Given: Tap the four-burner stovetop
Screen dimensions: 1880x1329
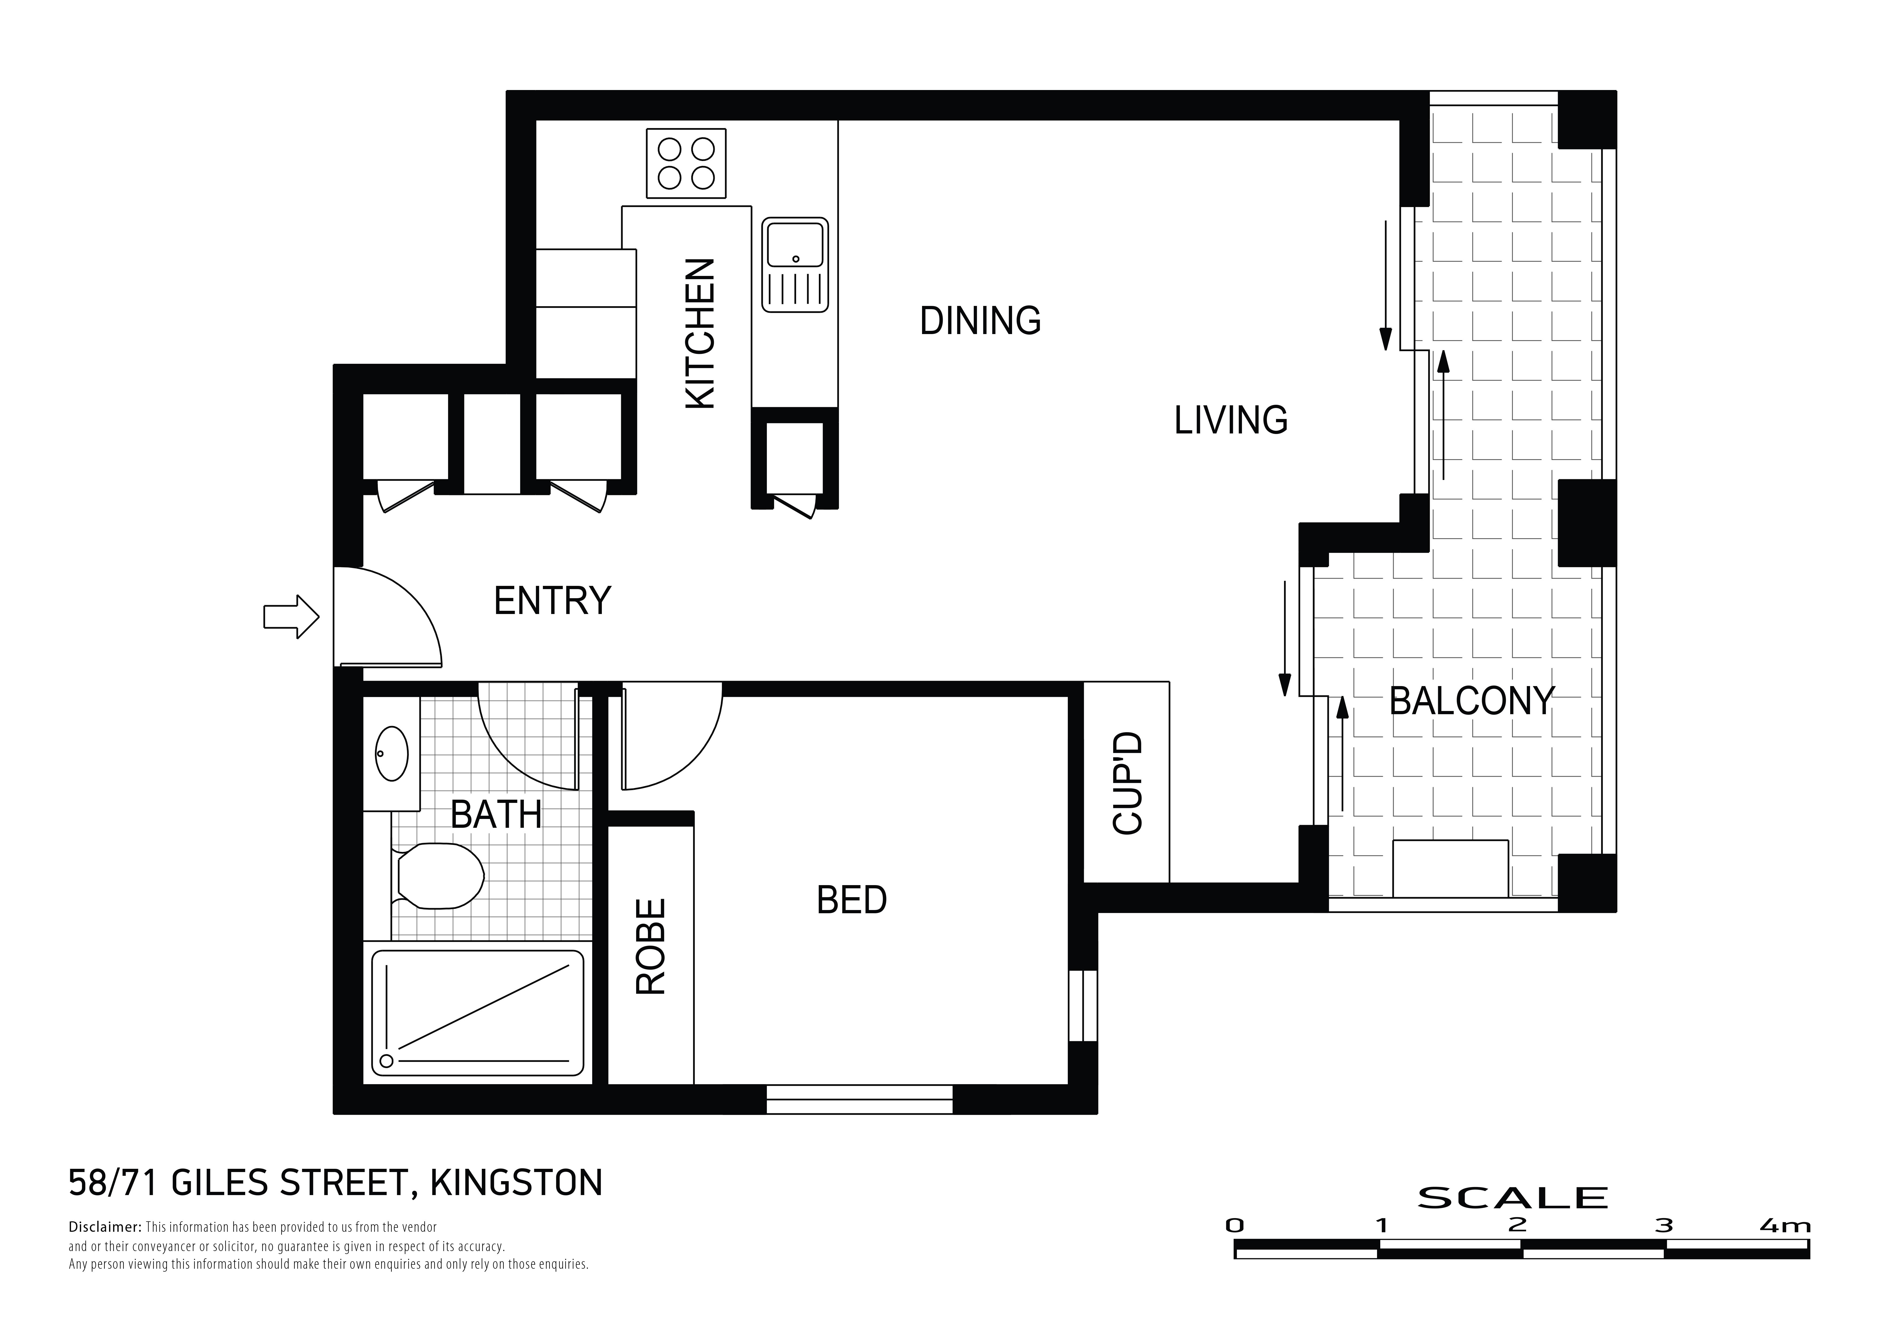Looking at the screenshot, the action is coord(686,163).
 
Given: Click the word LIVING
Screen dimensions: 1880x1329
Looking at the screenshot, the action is coord(1231,420).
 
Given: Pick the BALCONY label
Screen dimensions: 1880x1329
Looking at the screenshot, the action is coord(1471,701).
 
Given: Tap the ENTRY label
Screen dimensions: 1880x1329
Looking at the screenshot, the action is coord(553,601).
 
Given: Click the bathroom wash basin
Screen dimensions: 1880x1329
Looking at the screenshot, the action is coord(391,753).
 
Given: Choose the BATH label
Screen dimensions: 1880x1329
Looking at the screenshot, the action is coord(496,815).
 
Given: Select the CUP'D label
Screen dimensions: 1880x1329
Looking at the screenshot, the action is coord(1128,784).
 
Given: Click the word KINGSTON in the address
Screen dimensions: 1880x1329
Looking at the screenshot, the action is coord(517,1183).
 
